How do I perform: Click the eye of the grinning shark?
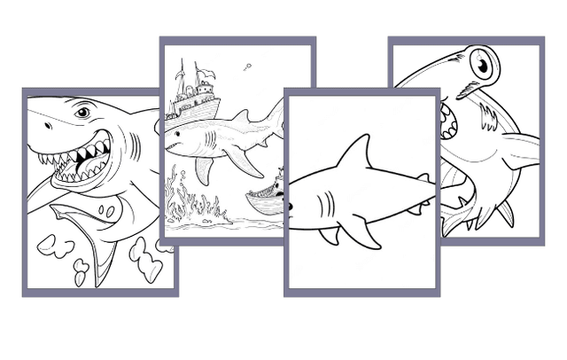tap(82, 113)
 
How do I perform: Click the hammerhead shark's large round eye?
tap(481, 65)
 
